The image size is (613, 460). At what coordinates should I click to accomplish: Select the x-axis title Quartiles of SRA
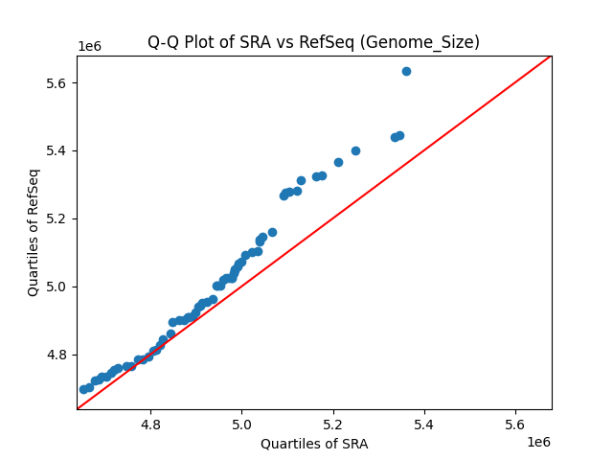pos(313,444)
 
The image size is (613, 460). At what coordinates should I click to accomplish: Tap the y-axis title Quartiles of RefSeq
pos(34,232)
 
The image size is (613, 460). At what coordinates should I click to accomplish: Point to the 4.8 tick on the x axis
pos(150,423)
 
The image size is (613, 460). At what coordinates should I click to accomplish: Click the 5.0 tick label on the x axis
pos(241,423)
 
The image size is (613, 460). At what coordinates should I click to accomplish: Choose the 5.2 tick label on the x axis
pos(332,423)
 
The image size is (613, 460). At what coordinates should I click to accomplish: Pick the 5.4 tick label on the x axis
pos(424,423)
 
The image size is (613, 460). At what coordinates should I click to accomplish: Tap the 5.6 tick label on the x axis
pos(515,423)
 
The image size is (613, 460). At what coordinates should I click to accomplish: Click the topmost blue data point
pos(406,71)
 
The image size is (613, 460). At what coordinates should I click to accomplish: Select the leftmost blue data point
pos(83,389)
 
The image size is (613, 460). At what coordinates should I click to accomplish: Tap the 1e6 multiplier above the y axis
pos(90,47)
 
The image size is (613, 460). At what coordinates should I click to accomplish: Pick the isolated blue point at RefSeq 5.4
pos(355,150)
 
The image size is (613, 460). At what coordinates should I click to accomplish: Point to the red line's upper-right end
pos(551,57)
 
